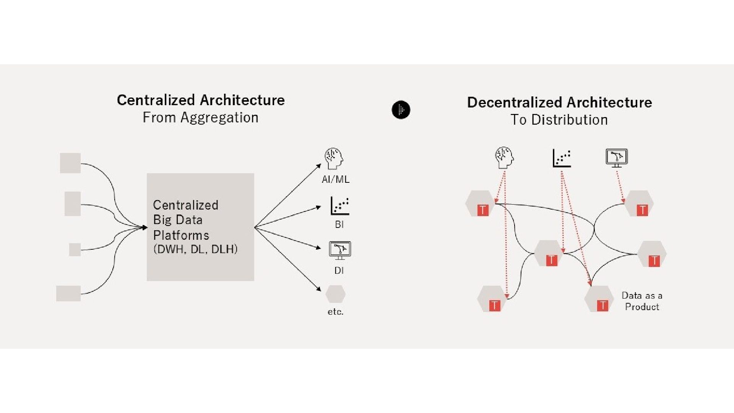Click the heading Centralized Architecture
click(x=201, y=100)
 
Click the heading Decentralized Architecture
click(x=559, y=102)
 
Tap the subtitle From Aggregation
click(x=200, y=117)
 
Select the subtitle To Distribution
click(x=559, y=120)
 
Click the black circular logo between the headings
click(x=401, y=110)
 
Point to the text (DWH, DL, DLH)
click(x=195, y=249)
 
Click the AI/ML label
click(x=335, y=179)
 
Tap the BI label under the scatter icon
click(x=339, y=224)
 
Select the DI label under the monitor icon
click(x=339, y=270)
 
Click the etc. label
click(x=335, y=312)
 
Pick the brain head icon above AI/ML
click(x=334, y=159)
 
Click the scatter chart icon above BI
click(x=339, y=206)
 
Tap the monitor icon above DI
click(x=339, y=250)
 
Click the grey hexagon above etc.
click(x=335, y=294)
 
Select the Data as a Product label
click(x=642, y=301)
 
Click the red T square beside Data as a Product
click(x=602, y=305)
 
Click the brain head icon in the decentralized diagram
click(x=504, y=157)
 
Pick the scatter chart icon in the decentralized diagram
click(x=562, y=158)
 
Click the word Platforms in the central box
click(x=181, y=235)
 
